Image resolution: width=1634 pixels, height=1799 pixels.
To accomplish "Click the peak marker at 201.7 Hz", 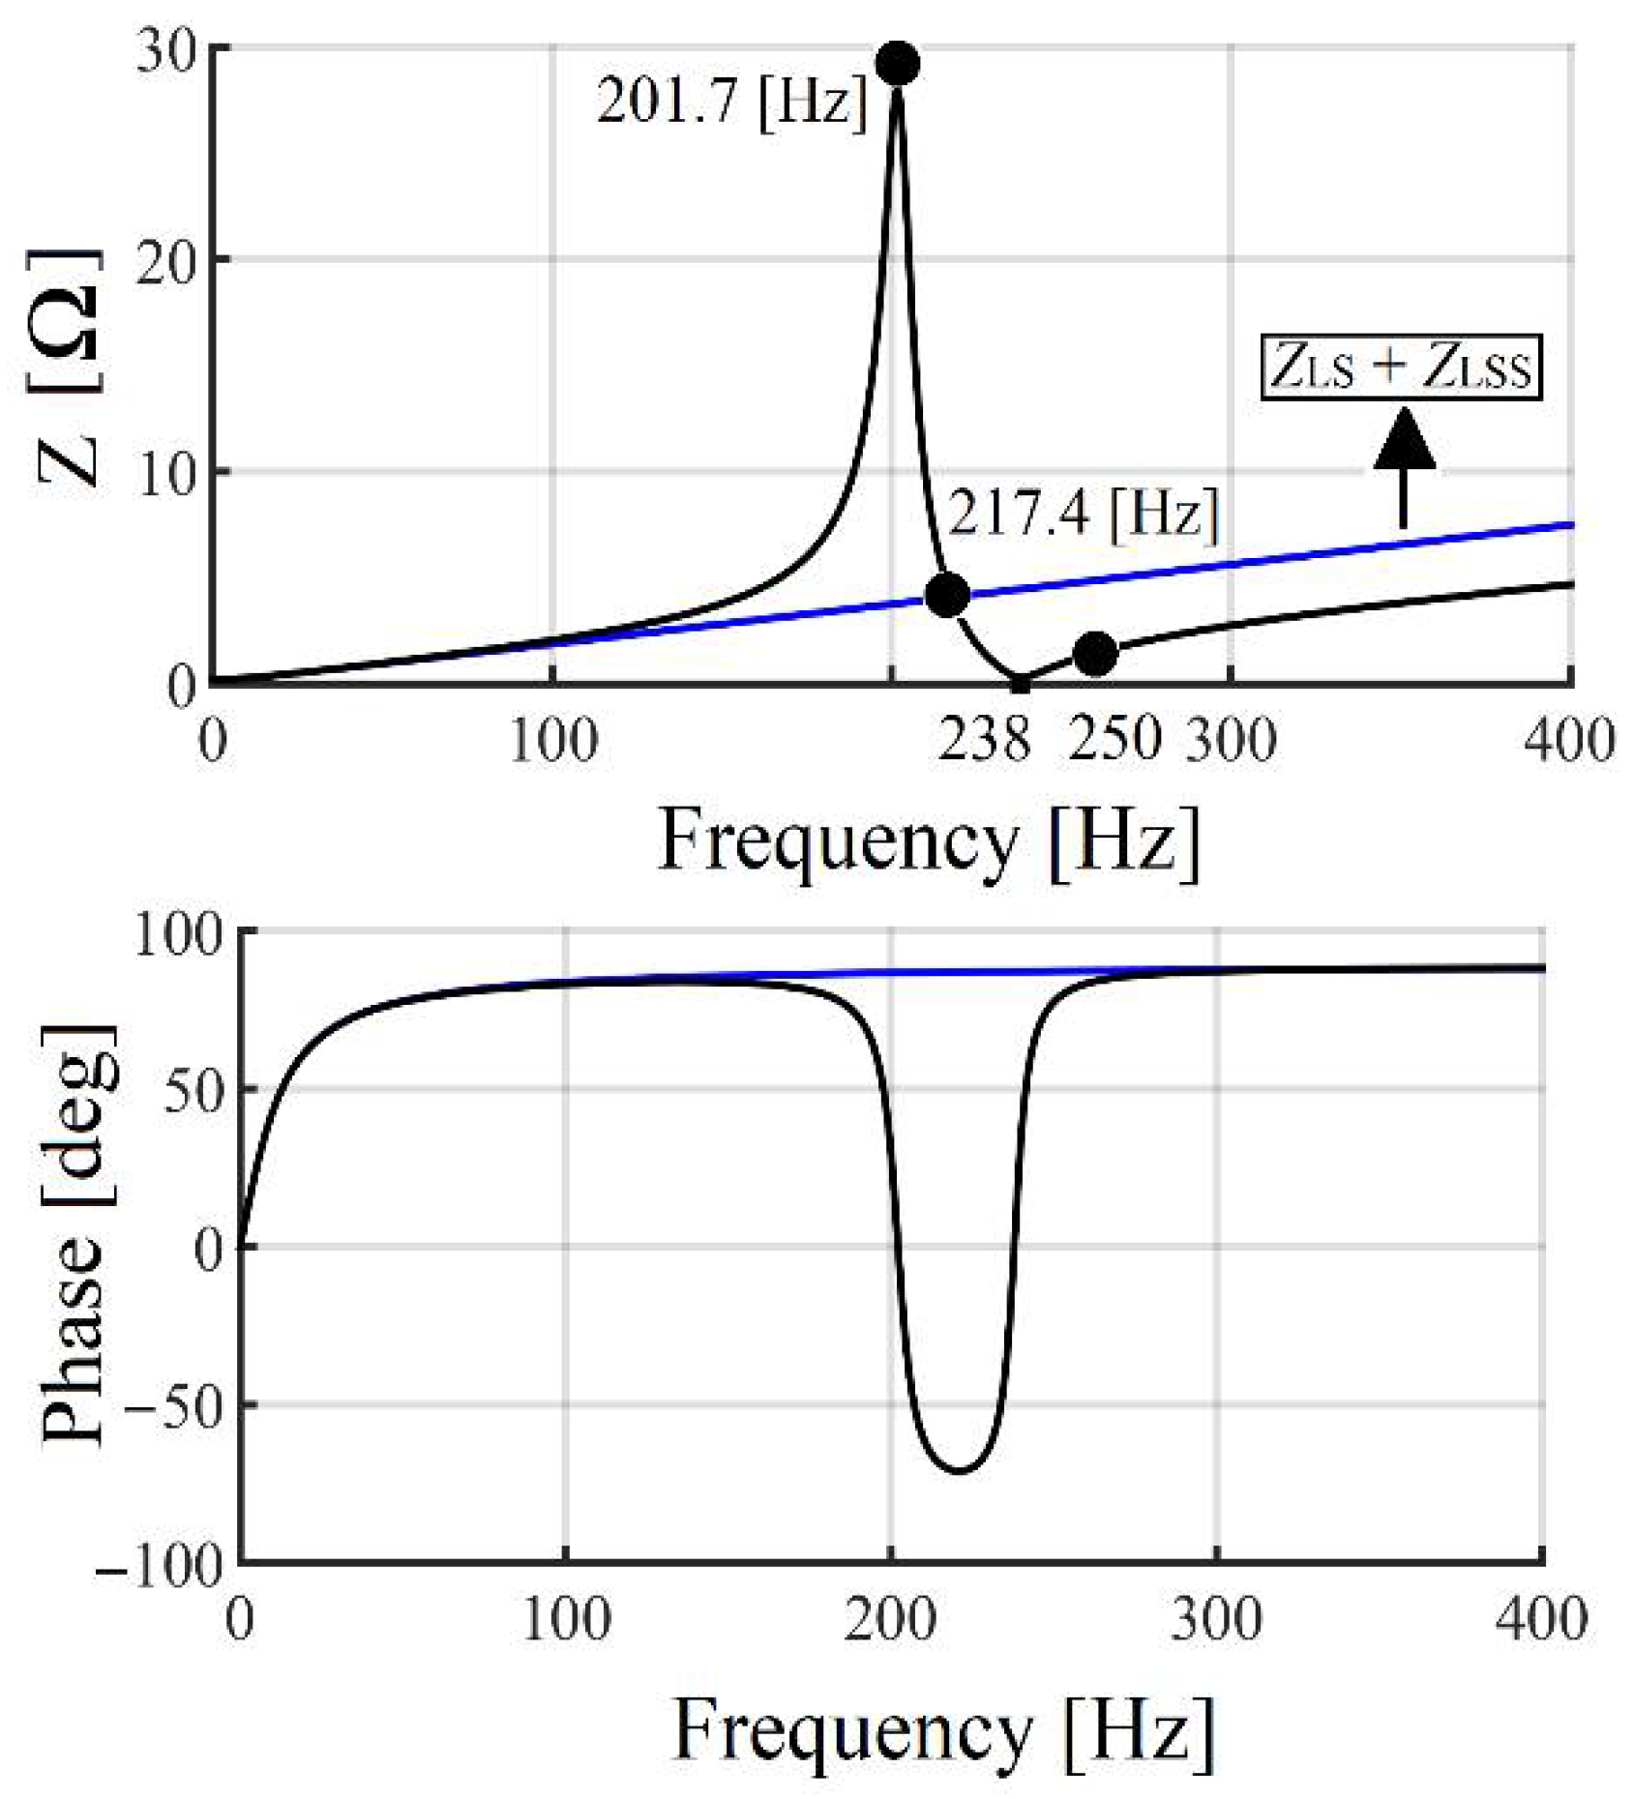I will (897, 64).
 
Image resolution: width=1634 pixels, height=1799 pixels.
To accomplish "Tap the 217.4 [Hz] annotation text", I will (1083, 514).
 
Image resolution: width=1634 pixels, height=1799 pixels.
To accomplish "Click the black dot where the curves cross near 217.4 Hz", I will (947, 594).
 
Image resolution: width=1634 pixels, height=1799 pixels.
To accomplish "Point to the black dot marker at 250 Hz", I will (1095, 654).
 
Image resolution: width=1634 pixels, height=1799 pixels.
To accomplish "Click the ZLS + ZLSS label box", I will (1400, 368).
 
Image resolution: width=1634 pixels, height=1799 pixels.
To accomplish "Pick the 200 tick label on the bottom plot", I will (889, 1618).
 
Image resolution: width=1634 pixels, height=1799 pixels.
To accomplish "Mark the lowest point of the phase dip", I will (958, 1471).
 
